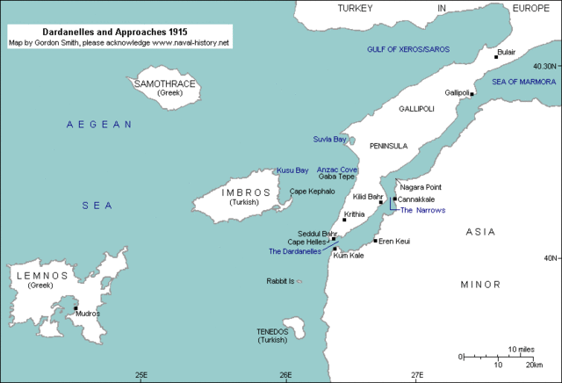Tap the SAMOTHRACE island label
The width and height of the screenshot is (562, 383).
tap(164, 84)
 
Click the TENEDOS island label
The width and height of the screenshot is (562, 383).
tap(272, 330)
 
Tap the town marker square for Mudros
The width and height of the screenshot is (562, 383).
tap(76, 307)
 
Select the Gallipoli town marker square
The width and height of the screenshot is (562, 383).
tap(472, 94)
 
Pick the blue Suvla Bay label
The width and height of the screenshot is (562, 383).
tap(329, 140)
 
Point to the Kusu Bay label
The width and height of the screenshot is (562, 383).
tap(292, 170)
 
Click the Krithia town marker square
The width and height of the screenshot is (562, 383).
tap(344, 220)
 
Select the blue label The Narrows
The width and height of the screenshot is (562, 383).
tap(422, 211)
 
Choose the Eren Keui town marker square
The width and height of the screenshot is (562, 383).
tap(376, 241)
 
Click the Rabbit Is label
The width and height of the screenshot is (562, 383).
tap(280, 281)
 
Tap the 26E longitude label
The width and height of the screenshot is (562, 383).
tap(285, 375)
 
